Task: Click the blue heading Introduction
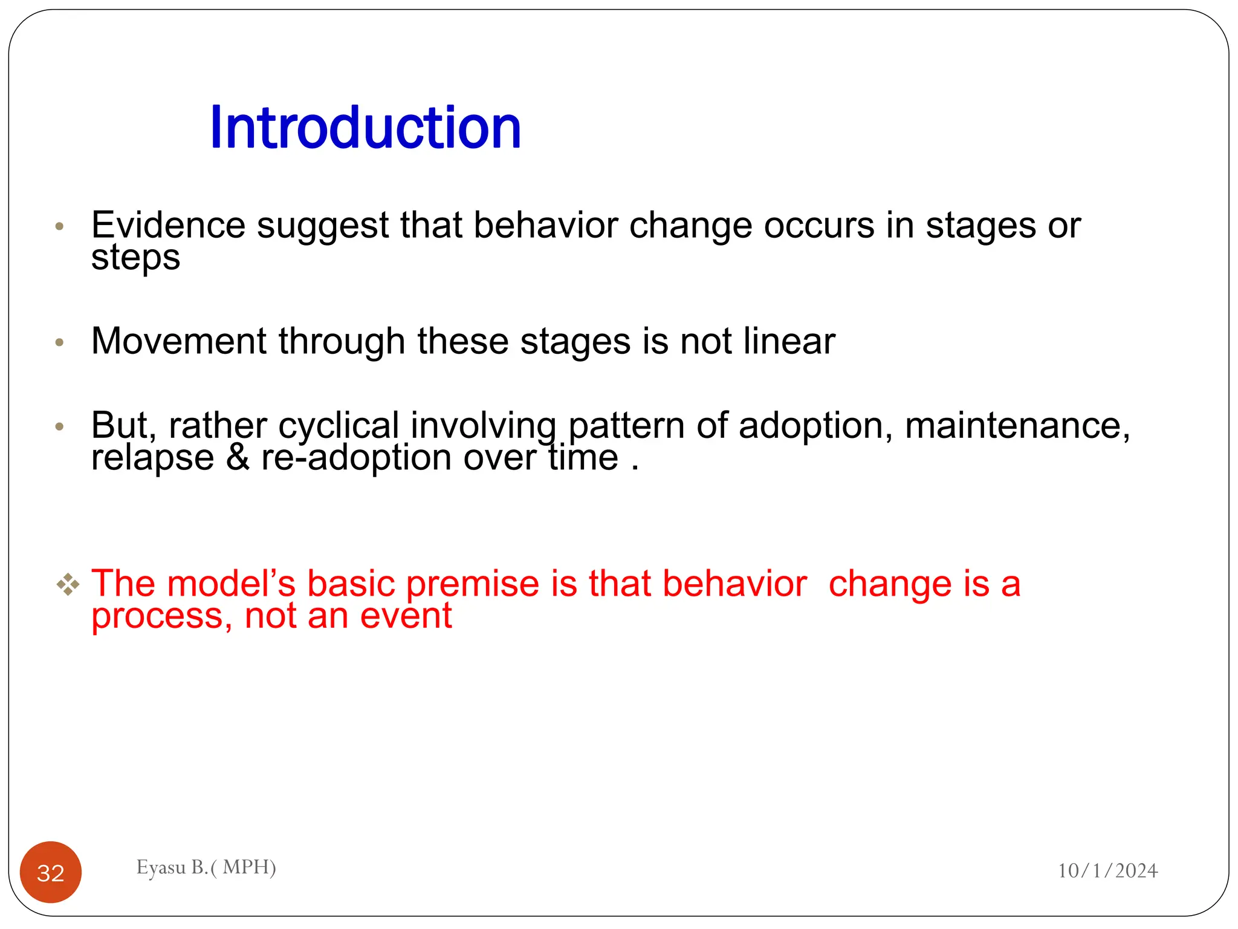coord(365,128)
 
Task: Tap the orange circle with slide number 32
coord(51,872)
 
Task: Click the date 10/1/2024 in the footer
coord(1107,870)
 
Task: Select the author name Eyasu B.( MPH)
coord(206,867)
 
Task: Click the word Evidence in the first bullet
coord(168,225)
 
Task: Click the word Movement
coord(179,341)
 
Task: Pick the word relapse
coord(152,458)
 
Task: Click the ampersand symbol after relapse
coord(238,458)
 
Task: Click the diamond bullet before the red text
coord(68,584)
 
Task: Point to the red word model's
coord(231,584)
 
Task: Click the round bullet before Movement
coord(59,342)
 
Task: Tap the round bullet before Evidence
coord(59,227)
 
